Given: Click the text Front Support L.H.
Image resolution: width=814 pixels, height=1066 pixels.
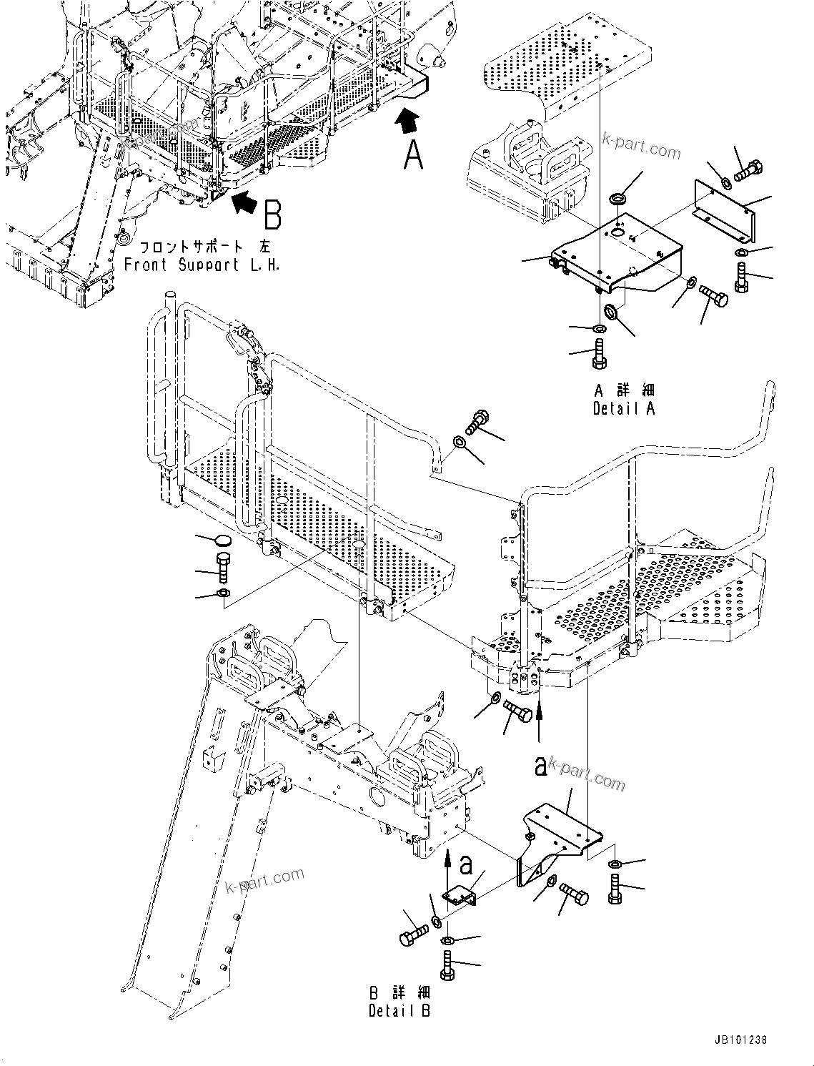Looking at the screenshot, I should (x=202, y=265).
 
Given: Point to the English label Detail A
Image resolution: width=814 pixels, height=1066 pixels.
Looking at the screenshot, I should (x=624, y=408).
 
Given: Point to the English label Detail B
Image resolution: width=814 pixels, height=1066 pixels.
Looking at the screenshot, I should (x=399, y=1011).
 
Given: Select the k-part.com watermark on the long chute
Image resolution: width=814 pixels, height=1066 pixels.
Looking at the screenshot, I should (x=264, y=880).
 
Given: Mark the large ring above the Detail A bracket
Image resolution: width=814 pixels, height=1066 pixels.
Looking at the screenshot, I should (x=617, y=196).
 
